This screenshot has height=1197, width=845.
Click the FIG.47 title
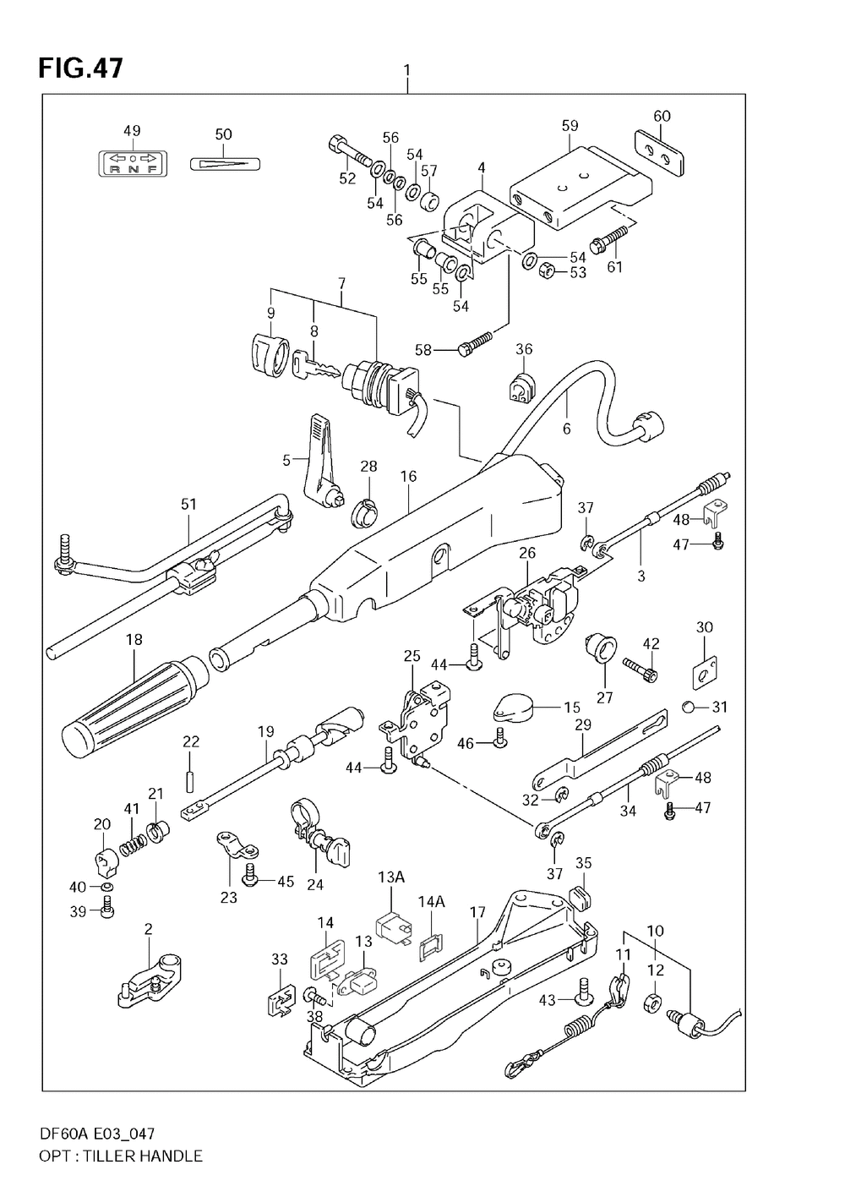click(80, 68)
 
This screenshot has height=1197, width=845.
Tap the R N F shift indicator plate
click(132, 162)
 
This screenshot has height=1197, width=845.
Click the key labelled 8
click(315, 367)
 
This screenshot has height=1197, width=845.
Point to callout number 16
click(409, 477)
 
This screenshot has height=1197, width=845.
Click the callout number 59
click(570, 125)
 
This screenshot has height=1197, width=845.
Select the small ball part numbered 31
click(690, 707)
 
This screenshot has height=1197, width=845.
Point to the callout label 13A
click(391, 877)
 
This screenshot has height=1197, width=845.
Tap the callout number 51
click(188, 505)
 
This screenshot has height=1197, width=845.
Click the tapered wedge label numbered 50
click(224, 162)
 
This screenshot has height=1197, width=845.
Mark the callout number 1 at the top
click(407, 69)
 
